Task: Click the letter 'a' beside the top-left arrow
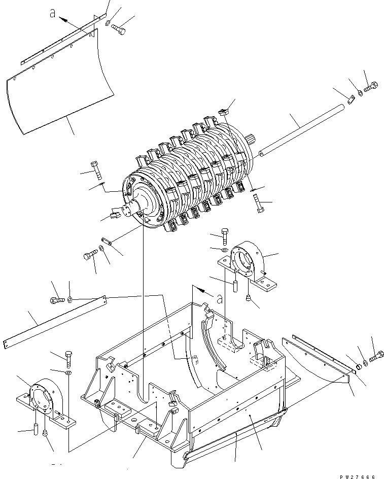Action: (x=53, y=13)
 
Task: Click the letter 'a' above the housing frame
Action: (x=219, y=299)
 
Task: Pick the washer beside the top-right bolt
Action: (x=360, y=92)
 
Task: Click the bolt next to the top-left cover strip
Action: (x=118, y=29)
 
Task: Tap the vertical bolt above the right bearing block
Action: (x=225, y=236)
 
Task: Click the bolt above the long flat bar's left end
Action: (x=57, y=300)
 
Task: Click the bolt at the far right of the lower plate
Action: (x=376, y=357)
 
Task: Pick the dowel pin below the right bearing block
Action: (x=235, y=286)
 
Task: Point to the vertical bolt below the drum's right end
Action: (x=259, y=204)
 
